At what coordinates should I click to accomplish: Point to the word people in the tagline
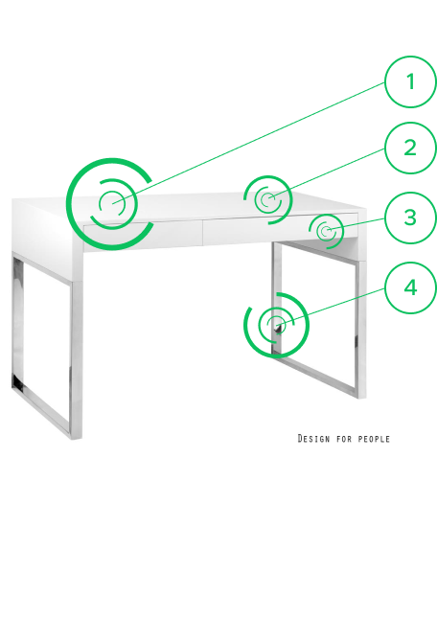click(x=374, y=439)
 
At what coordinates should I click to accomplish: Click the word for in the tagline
click(x=344, y=439)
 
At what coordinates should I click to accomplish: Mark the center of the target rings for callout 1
click(x=112, y=204)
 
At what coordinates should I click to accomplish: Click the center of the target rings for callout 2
click(x=268, y=199)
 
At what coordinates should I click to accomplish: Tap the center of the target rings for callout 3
click(x=326, y=231)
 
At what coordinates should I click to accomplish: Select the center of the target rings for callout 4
click(x=277, y=325)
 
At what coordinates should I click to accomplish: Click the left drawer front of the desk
click(x=143, y=235)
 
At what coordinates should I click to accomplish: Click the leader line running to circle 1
click(x=248, y=144)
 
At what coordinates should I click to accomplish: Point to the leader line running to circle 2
click(x=327, y=174)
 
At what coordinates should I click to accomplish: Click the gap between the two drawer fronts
click(x=202, y=233)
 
